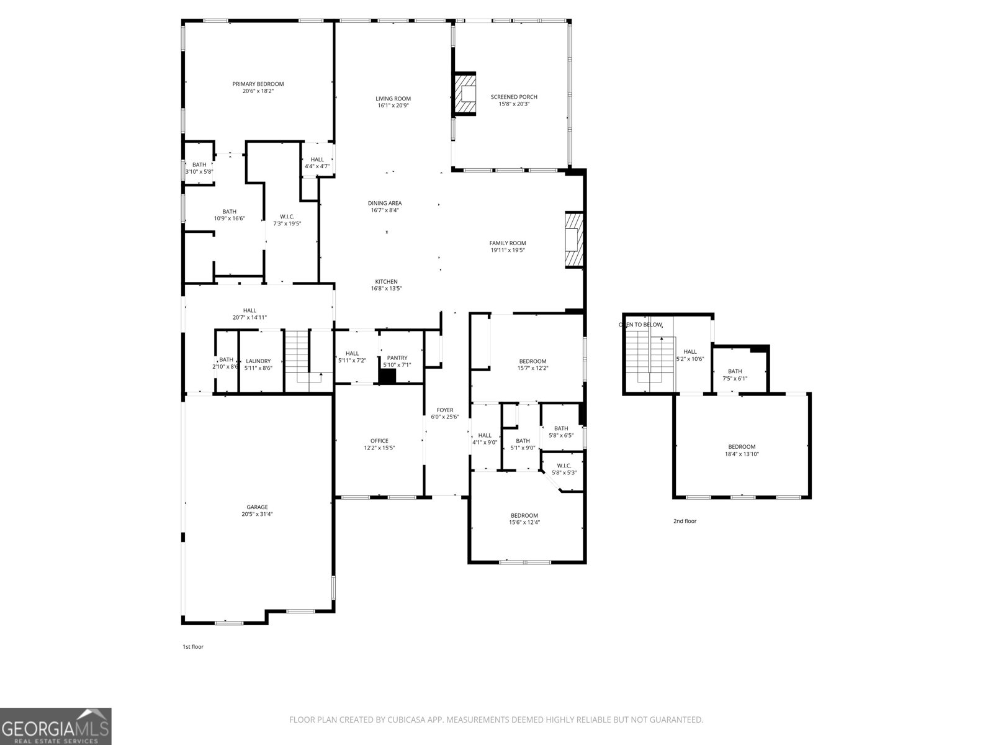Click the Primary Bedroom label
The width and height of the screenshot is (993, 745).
coord(258,84)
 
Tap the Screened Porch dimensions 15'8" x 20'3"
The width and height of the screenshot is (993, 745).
coord(514,104)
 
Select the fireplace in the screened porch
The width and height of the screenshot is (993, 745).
coord(465,94)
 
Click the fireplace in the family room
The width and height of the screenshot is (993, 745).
coord(574,240)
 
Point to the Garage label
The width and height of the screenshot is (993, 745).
coord(257,507)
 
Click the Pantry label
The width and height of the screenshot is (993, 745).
coord(397,358)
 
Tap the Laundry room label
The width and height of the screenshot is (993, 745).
coord(258,361)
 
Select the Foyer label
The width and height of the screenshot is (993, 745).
coord(445,410)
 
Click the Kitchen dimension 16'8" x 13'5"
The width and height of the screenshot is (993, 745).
coord(386,289)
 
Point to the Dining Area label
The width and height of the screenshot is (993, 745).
coord(385,203)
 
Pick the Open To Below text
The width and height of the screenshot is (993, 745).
coord(640,325)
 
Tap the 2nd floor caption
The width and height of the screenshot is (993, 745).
coord(685,521)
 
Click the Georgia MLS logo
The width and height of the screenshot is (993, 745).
coord(55,726)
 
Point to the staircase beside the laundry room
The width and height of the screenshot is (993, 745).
coord(298,360)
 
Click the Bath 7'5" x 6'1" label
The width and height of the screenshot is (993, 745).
coord(735,371)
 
